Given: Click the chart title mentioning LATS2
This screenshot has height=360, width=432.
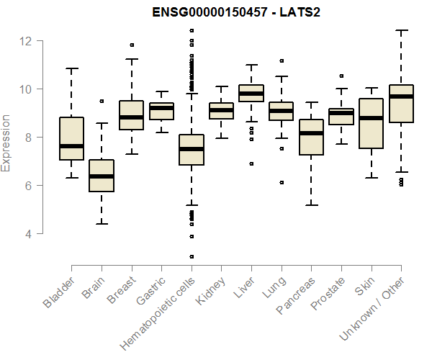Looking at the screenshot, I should [225, 13].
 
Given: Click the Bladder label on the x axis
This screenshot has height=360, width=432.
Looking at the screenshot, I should [58, 292].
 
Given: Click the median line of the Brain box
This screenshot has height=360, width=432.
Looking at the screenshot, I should [102, 176].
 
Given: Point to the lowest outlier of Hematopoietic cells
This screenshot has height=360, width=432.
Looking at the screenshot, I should [192, 256].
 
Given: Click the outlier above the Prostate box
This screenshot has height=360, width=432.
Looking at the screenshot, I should [341, 76].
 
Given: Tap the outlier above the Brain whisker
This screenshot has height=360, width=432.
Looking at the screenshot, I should [102, 102].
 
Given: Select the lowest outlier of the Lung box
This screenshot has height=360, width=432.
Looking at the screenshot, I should [282, 182].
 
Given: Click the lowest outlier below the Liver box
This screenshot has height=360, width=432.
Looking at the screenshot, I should [251, 163].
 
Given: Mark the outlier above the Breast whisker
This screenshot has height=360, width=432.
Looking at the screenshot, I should [132, 45].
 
